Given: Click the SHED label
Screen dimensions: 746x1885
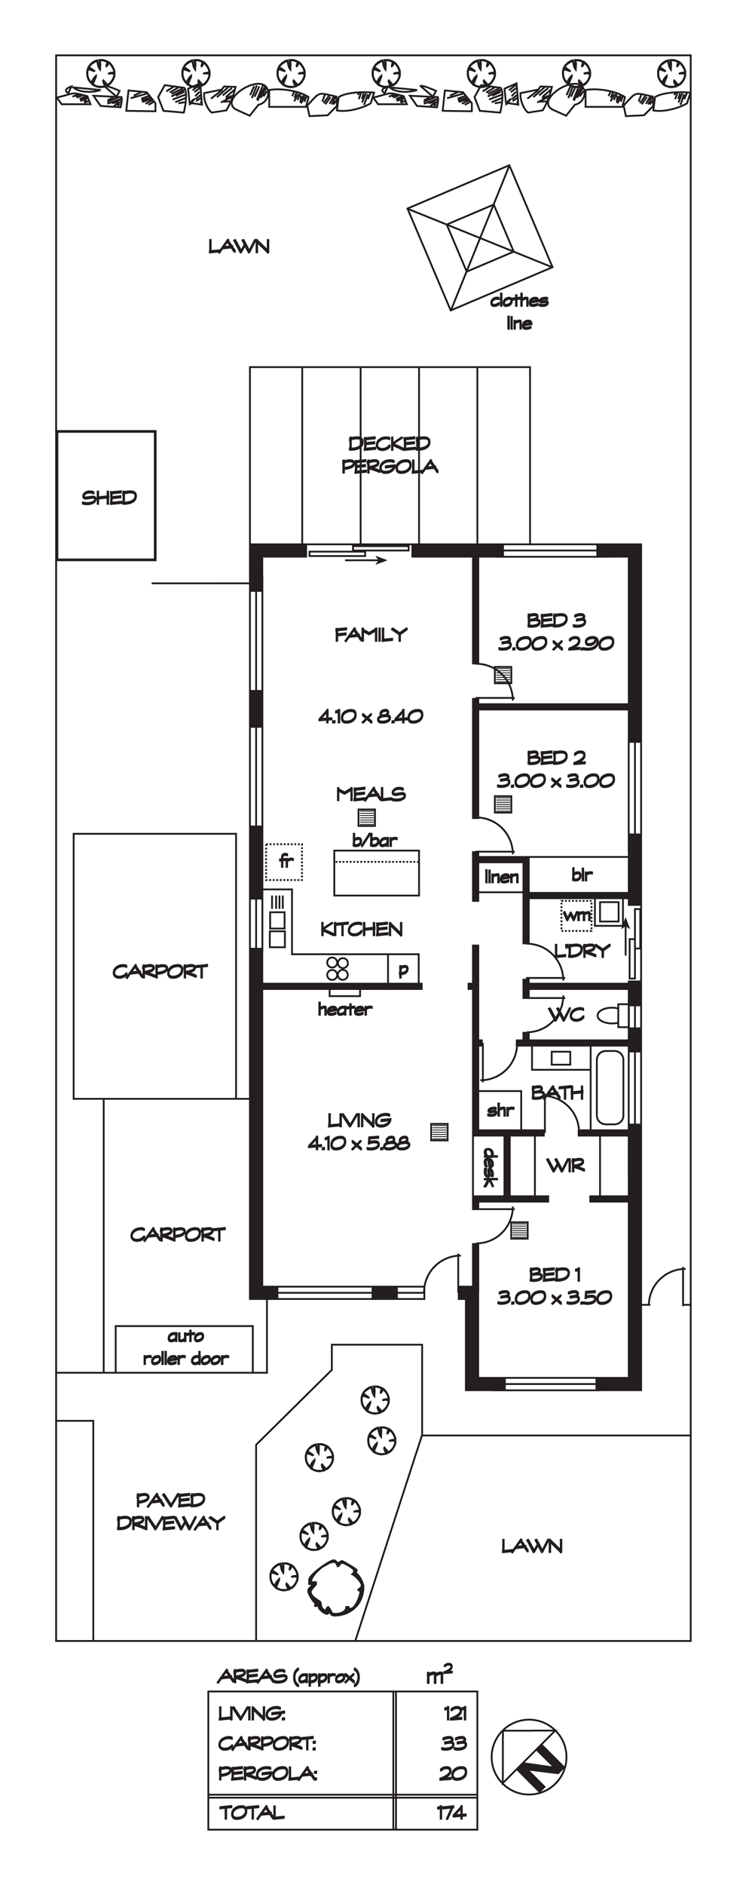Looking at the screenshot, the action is [109, 498].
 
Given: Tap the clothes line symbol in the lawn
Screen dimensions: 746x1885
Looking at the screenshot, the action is [480, 238].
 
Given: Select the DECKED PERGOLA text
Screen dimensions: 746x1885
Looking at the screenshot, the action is [390, 455].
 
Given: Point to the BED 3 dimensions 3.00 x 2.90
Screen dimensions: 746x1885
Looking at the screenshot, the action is [556, 643].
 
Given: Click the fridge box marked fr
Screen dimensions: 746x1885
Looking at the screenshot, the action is [284, 862].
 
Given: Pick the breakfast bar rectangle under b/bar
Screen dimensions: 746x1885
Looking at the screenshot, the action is [377, 872].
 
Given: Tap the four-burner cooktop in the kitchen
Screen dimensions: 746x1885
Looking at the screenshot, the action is [338, 968].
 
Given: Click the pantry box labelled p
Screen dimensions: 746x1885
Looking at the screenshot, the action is [403, 969].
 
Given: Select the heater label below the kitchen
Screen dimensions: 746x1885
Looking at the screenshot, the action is [345, 1009].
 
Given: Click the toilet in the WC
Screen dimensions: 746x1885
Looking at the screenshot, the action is [616, 1015].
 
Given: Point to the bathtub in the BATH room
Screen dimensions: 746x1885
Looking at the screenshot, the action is [610, 1088].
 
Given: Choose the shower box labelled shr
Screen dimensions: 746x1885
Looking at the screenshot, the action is [500, 1110].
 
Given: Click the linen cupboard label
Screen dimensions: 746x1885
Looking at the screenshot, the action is [502, 876].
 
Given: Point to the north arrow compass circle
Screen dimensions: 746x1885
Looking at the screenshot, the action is [529, 1757].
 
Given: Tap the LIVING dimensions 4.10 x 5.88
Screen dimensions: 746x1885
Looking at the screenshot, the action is [359, 1143].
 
